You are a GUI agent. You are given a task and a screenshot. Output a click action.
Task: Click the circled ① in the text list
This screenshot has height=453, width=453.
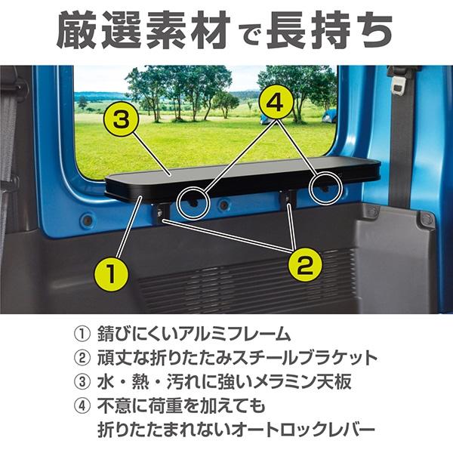click(81, 334)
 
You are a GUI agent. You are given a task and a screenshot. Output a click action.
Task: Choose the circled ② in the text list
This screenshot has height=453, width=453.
click(81, 358)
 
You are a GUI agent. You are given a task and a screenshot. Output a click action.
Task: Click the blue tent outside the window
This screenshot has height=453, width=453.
click(329, 116)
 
